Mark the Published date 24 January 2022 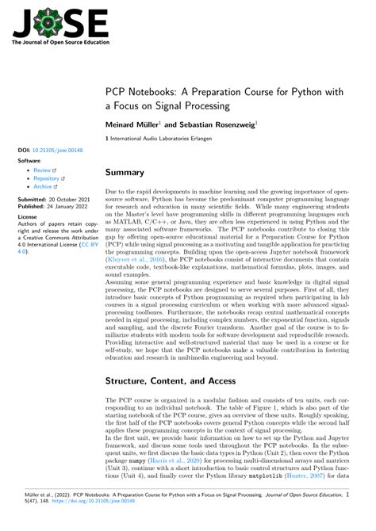pos(63,207)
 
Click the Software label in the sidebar pos(30,160)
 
